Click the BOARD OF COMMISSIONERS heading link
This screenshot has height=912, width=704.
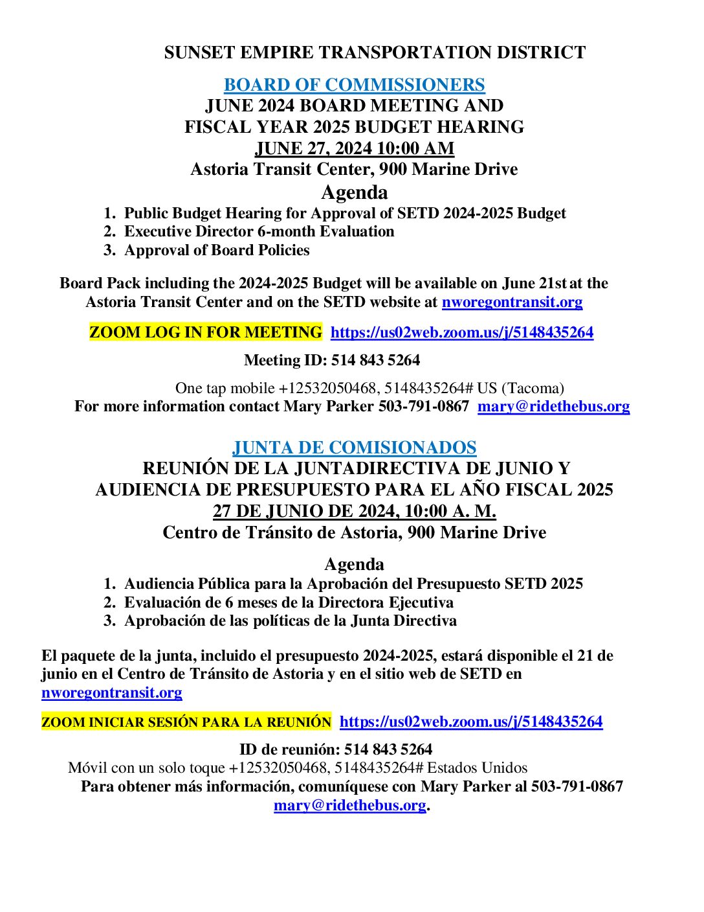[354, 85]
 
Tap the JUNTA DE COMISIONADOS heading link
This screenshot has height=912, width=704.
[354, 448]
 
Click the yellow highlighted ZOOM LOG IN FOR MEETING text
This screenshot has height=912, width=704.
[205, 332]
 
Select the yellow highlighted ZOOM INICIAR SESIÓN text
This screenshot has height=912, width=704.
[186, 722]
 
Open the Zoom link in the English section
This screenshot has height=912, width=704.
[462, 332]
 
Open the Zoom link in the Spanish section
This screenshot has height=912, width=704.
[471, 722]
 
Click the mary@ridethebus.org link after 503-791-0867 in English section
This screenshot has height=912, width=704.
[553, 406]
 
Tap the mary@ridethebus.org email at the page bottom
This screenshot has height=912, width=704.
[349, 805]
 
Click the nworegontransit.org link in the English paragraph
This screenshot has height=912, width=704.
[512, 302]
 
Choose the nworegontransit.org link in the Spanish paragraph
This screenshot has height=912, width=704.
[112, 692]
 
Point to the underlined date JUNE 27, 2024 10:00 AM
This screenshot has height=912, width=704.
[354, 148]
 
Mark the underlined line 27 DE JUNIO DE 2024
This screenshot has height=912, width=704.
[354, 511]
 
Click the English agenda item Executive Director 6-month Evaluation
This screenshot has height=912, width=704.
[259, 231]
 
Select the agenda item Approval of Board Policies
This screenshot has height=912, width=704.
[217, 250]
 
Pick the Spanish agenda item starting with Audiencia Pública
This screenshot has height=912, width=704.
[353, 584]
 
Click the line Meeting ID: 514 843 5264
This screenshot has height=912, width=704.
[332, 360]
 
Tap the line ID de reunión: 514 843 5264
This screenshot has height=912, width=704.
[336, 749]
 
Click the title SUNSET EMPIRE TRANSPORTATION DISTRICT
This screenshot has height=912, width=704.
[375, 52]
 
